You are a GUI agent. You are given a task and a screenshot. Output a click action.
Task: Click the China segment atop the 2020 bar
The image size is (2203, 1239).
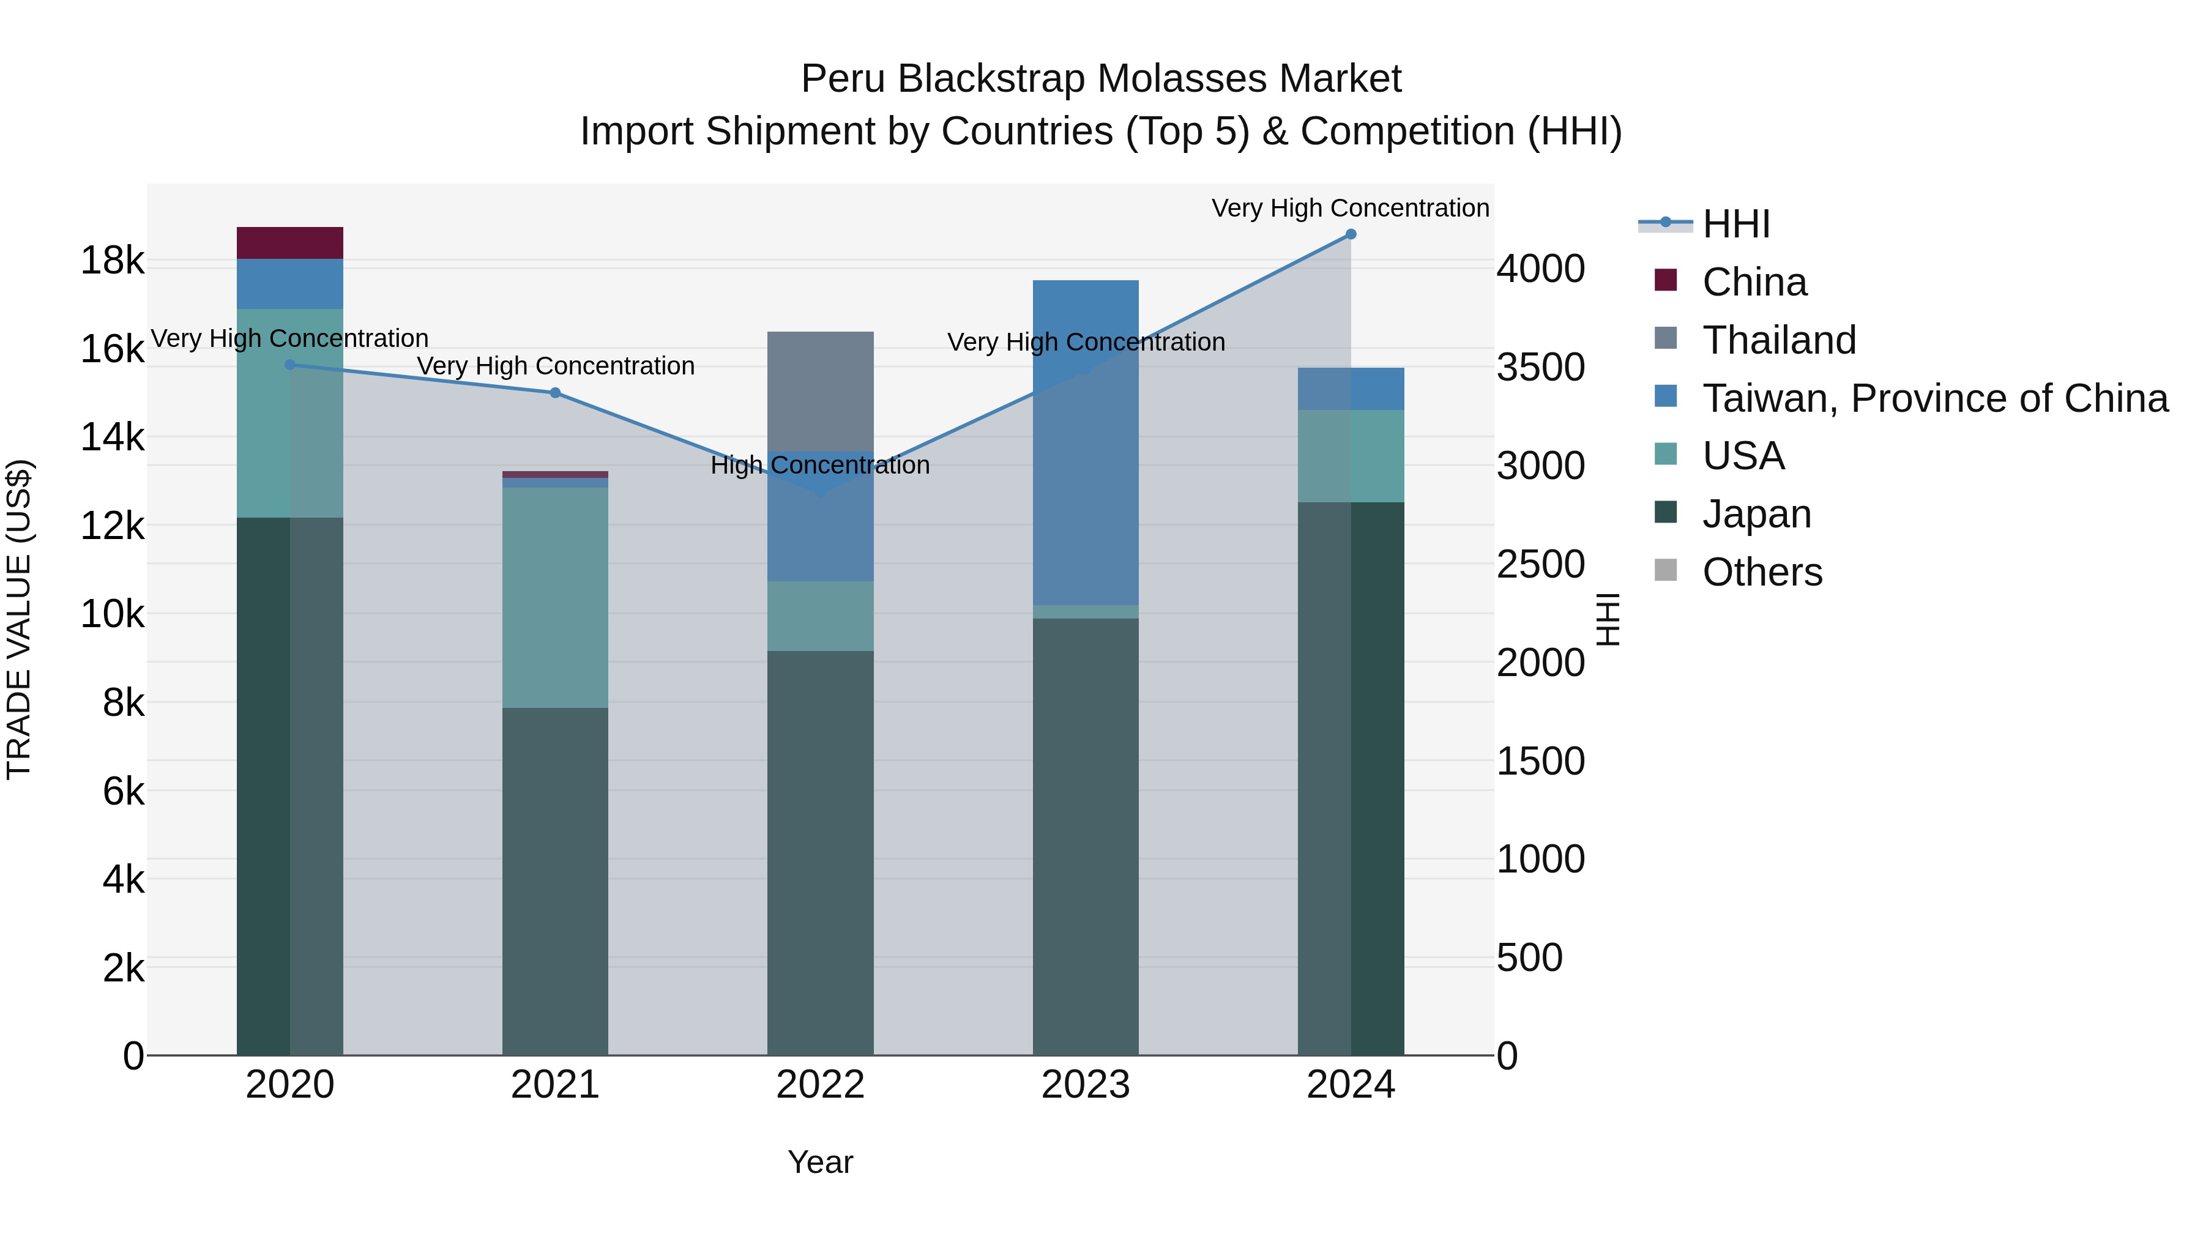tap(290, 243)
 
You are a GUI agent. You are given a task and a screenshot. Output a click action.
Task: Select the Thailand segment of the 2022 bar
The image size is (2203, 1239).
tap(820, 391)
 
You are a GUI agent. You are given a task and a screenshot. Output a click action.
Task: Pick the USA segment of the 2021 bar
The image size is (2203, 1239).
tap(555, 598)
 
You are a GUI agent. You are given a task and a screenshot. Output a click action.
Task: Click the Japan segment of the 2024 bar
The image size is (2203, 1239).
tap(1351, 778)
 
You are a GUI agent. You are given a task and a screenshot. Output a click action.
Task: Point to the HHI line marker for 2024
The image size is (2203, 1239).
tap(1351, 234)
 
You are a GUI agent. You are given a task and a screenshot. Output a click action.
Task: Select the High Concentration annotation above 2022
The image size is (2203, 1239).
tap(820, 465)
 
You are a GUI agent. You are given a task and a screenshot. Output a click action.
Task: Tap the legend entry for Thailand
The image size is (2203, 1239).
tap(1779, 340)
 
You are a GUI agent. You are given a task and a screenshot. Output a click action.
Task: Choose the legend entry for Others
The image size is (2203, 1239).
tap(1762, 572)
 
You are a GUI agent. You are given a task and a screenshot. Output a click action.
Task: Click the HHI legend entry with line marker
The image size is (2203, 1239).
tap(1736, 224)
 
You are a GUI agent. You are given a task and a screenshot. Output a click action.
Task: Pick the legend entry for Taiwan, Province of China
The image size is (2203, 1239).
tap(1934, 398)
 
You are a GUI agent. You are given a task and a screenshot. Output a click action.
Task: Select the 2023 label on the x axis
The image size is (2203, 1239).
tap(1085, 1085)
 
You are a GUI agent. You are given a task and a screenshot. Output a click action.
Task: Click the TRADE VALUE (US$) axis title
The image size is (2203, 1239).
tap(19, 620)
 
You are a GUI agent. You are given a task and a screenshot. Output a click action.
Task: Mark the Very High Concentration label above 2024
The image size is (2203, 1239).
tap(1351, 208)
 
